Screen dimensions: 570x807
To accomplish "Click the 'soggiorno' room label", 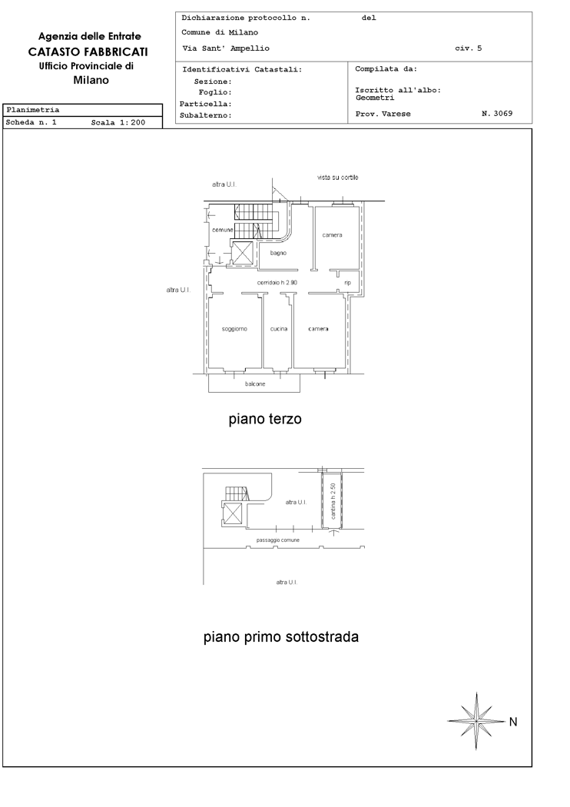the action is coord(234,329).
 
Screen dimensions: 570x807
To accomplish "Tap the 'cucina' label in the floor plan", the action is coord(279,329).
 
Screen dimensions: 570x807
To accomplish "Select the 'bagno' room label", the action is coord(278,253).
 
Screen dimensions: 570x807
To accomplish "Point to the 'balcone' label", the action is coord(255,384).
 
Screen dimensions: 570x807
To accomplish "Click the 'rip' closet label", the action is coord(348,283).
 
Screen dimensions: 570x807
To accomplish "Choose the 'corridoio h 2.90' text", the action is coord(277,283).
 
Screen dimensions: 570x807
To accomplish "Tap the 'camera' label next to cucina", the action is coord(319,329).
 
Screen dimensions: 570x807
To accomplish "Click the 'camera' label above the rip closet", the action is coord(333,235).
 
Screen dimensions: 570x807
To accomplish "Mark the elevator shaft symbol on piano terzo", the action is coord(242,252).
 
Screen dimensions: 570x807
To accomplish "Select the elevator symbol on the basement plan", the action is coord(233,513).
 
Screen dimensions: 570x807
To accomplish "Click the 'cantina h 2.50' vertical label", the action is coord(333,501).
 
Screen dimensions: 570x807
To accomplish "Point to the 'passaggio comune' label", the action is coord(278,540).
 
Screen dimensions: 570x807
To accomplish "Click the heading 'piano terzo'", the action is coord(265,419).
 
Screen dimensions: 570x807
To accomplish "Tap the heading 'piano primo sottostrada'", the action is coord(281,636).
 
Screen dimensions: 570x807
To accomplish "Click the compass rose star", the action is coord(477,721).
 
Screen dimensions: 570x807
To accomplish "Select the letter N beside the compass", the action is coord(513,722).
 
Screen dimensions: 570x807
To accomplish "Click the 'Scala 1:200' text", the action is coord(118,122).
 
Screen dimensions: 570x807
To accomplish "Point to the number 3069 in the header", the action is coord(503,114).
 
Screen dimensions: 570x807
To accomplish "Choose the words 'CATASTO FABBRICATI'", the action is coord(88,52).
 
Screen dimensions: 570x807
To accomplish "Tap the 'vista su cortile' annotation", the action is coord(337,177).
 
